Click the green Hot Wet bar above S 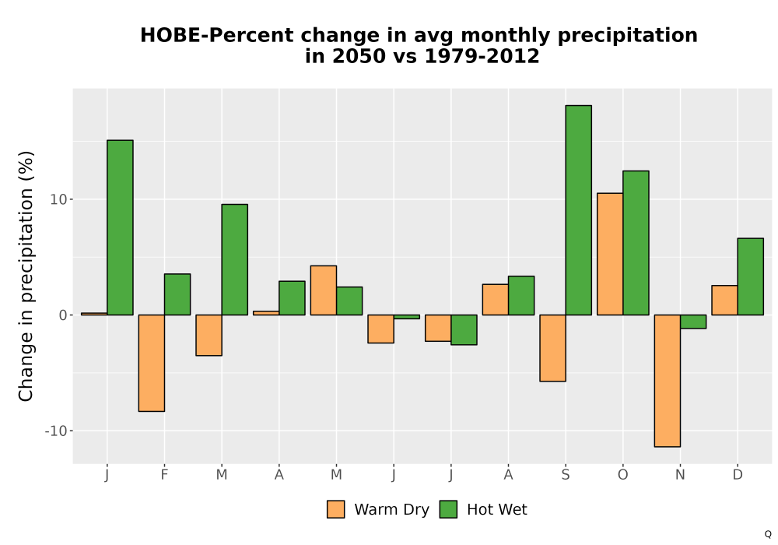click(579, 210)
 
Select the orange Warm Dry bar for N click(668, 381)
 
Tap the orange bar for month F click(152, 363)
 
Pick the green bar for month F click(177, 294)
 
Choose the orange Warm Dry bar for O click(610, 254)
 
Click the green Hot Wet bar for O click(636, 243)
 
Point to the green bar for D click(751, 276)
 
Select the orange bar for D click(725, 301)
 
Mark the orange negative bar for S click(552, 348)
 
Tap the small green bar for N click(693, 322)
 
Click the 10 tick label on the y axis click(58, 199)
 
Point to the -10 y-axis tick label click(55, 431)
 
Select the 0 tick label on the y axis click(62, 315)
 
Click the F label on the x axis click(164, 475)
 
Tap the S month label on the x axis click(566, 475)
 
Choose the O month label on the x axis click(622, 475)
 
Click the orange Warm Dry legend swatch click(336, 509)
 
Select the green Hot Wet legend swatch click(449, 509)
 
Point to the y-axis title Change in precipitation click(26, 276)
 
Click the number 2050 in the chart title click(358, 56)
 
